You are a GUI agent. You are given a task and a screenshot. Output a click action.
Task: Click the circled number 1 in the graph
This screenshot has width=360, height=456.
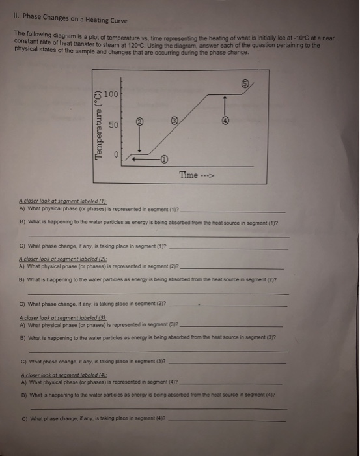pyautogui.click(x=164, y=158)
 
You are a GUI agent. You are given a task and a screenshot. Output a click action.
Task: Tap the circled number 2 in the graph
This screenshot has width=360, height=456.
pyautogui.click(x=139, y=121)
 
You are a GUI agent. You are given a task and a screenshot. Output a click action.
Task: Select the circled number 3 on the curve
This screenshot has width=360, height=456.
pyautogui.click(x=174, y=121)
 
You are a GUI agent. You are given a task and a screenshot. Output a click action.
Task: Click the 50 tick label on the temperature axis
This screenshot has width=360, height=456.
pyautogui.click(x=112, y=124)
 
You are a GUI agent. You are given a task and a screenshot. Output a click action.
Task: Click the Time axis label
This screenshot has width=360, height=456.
pyautogui.click(x=197, y=175)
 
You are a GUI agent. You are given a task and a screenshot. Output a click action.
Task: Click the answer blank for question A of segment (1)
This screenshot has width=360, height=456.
pyautogui.click(x=231, y=211)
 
